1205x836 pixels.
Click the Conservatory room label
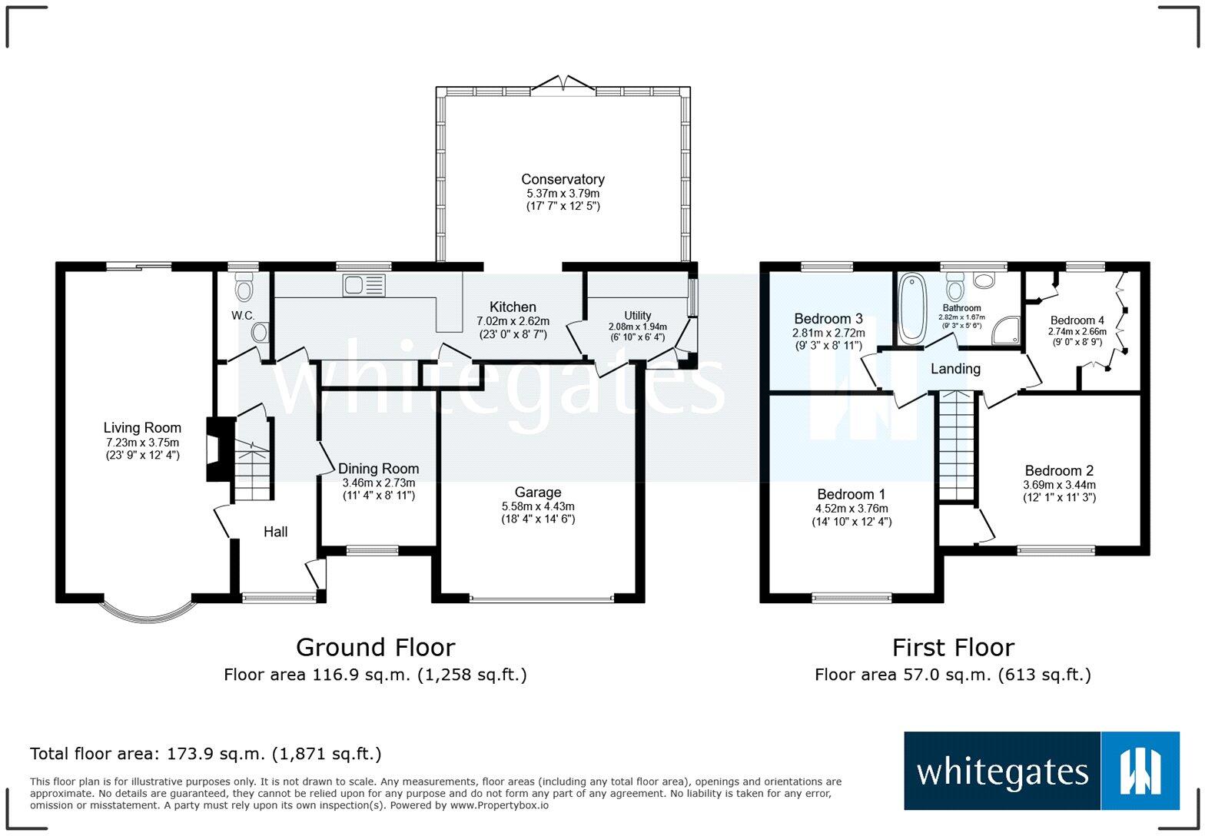click(x=563, y=180)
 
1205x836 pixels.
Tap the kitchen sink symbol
click(x=364, y=286)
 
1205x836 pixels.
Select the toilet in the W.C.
click(x=244, y=289)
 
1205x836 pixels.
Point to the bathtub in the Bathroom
click(x=912, y=307)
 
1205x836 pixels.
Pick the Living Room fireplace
click(x=215, y=449)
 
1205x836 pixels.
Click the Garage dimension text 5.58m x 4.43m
click(x=538, y=506)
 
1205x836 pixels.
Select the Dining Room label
click(x=379, y=469)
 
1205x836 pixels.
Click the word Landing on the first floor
click(x=955, y=369)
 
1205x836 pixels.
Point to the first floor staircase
click(x=956, y=445)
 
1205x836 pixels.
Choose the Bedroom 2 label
click(x=1059, y=471)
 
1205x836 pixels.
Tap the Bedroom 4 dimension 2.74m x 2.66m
click(x=1077, y=332)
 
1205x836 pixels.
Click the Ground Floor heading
click(x=375, y=648)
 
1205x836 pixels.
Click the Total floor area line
click(x=205, y=754)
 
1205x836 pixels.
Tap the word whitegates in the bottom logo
click(x=1002, y=771)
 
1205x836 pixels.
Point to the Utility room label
click(x=637, y=316)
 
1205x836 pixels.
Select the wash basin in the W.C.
click(x=261, y=333)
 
